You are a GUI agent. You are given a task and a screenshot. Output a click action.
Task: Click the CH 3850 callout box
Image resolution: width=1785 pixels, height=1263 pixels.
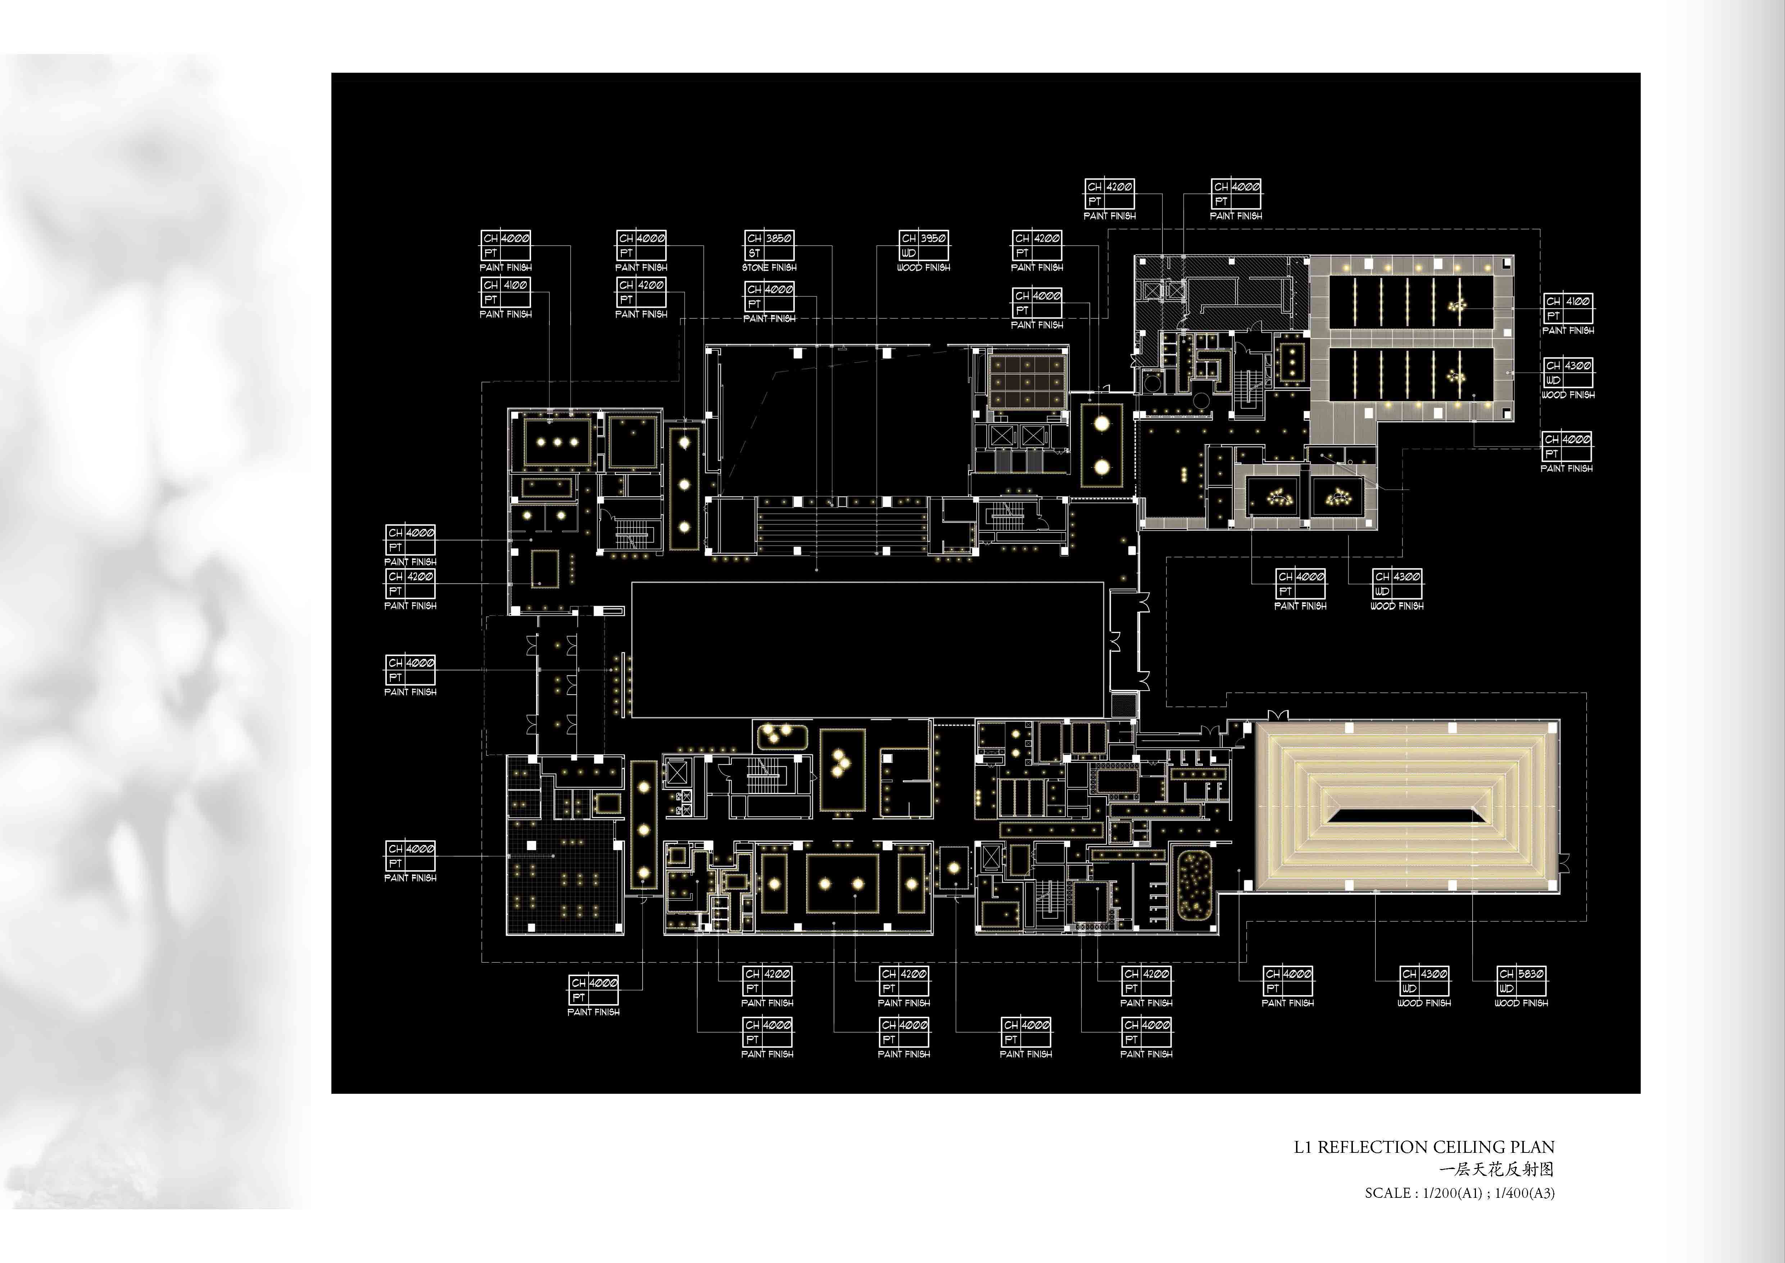point(769,245)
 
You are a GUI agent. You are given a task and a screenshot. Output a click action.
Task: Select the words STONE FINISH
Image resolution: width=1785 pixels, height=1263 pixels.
point(769,268)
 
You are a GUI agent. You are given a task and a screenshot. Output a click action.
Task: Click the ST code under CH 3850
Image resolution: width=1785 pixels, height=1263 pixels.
point(754,253)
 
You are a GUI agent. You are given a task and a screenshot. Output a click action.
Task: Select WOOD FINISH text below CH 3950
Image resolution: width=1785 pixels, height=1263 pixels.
point(924,268)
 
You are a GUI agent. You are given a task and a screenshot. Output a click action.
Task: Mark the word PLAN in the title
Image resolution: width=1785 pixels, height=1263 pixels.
point(1535,1147)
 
